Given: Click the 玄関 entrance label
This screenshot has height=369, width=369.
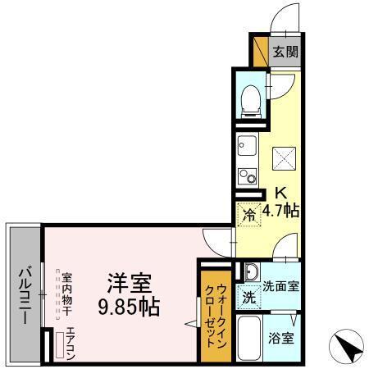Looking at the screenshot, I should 285,51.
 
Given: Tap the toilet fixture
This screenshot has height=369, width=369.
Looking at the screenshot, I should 251,98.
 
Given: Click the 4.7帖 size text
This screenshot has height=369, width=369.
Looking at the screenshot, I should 280,211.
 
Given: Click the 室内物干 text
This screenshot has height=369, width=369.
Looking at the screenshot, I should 68,297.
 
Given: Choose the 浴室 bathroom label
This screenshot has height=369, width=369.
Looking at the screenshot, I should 281,335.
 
